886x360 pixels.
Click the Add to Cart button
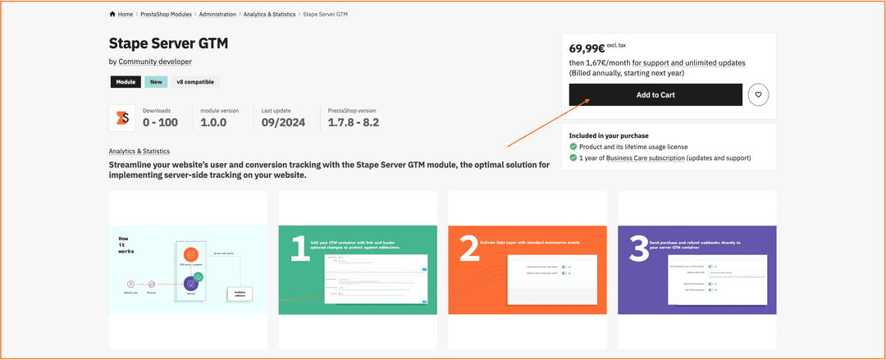(x=655, y=95)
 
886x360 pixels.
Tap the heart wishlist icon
(x=758, y=95)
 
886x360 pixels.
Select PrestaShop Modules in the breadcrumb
(x=166, y=14)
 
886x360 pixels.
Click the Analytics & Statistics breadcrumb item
(x=269, y=14)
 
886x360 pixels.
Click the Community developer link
(x=156, y=62)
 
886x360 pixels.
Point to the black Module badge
(x=126, y=82)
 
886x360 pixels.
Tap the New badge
(x=156, y=82)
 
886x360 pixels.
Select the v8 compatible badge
(x=195, y=82)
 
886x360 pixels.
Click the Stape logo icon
(x=122, y=118)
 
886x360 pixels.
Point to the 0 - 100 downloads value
(x=160, y=123)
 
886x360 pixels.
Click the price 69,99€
(x=587, y=48)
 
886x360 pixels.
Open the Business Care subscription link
(x=645, y=158)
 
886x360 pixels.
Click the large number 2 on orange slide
(x=469, y=248)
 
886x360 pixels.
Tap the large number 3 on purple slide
(x=639, y=248)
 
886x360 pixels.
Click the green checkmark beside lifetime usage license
(x=573, y=147)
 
